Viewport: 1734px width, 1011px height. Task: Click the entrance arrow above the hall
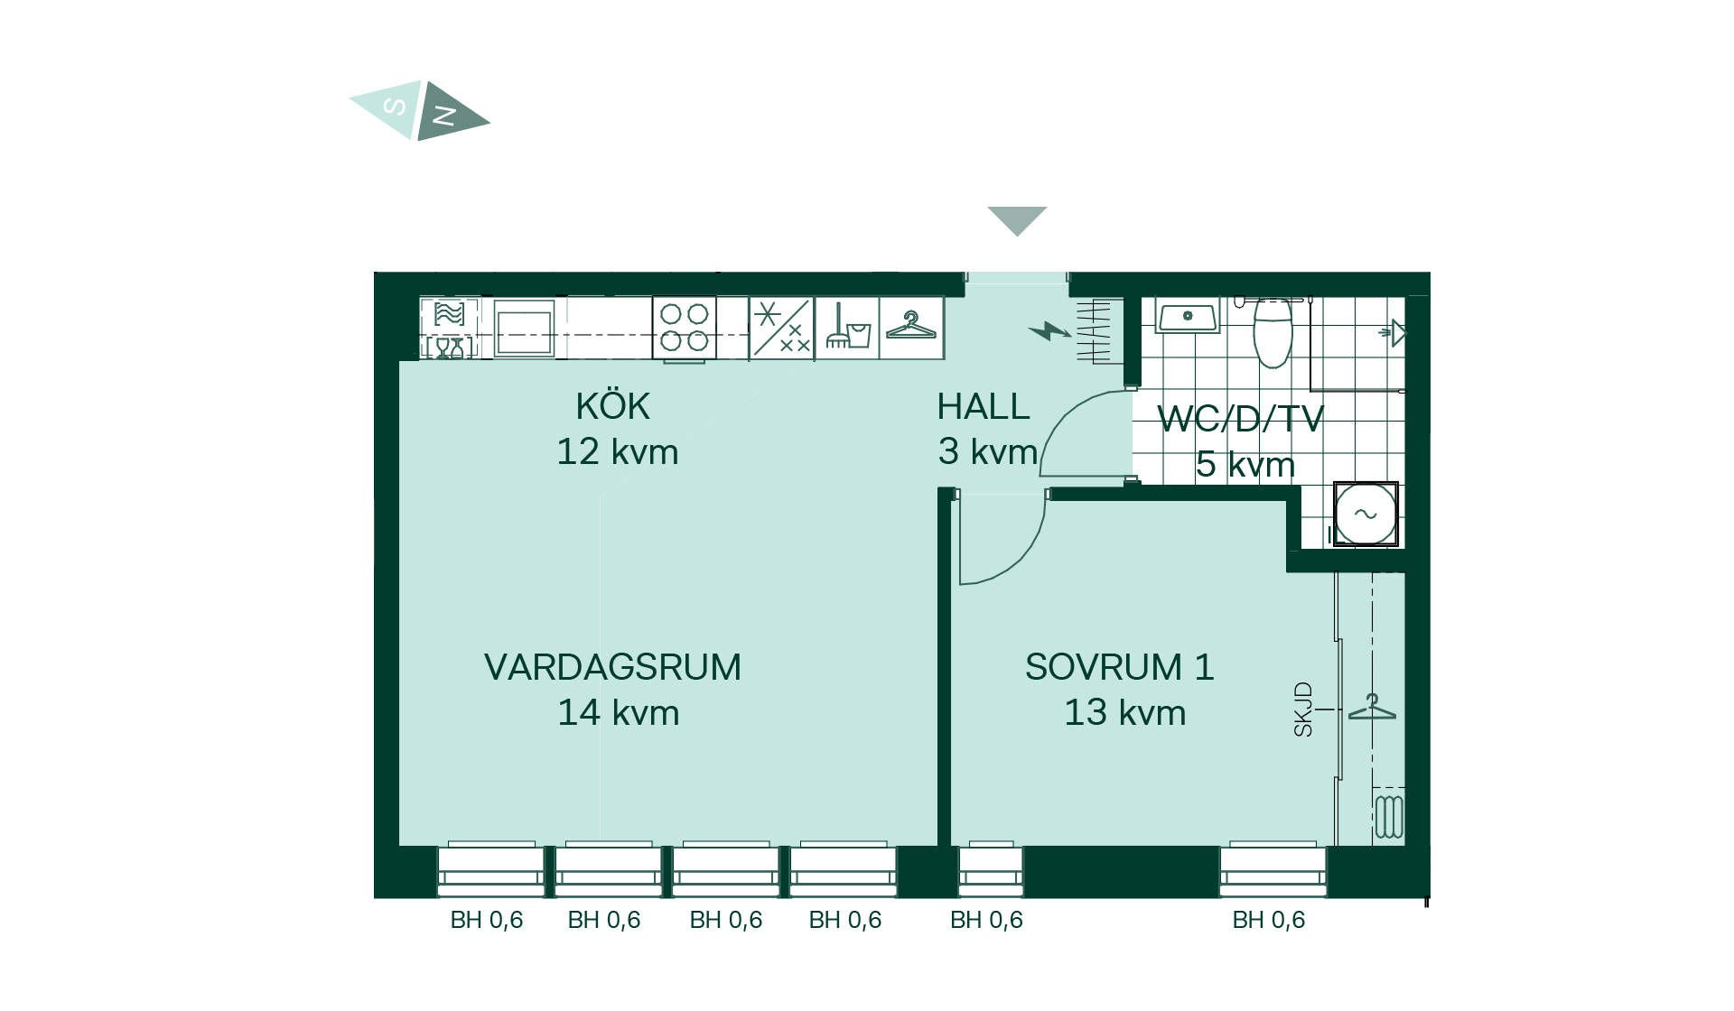pos(1017,218)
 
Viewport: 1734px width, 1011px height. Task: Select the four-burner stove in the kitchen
pos(685,328)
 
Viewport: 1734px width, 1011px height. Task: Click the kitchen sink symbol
pos(524,328)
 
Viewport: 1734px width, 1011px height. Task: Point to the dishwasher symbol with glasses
pos(449,329)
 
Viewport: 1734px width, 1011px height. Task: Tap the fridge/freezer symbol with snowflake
pos(782,328)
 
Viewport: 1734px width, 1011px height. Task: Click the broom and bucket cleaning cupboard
pos(847,328)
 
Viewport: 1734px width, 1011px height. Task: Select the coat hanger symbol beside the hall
pos(911,326)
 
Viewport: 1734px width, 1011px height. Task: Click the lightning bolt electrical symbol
pos(1049,331)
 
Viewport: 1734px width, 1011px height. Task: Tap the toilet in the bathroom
pos(1273,332)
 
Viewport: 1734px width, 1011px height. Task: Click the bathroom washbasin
pos(1188,317)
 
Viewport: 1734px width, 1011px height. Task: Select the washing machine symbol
pos(1366,514)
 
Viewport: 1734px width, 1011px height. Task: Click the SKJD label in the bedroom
pos(1302,710)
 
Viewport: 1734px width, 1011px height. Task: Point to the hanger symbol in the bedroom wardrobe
pos(1372,707)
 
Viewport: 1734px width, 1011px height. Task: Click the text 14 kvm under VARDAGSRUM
pos(619,713)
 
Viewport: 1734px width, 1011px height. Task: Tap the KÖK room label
pos(613,406)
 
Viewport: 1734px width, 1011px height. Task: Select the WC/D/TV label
pos(1240,419)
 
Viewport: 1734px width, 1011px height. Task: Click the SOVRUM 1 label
pos(1120,667)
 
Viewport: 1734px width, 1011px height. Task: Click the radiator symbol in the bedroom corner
pos(1389,816)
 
